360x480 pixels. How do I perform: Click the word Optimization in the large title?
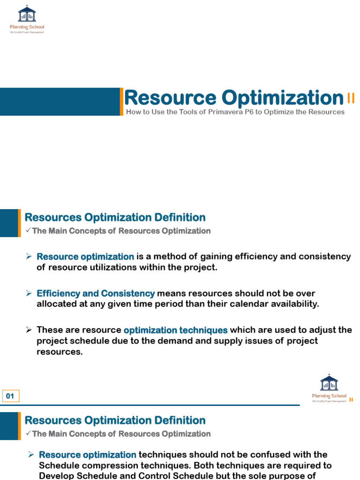coord(283,98)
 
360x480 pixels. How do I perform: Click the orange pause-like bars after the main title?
coord(351,98)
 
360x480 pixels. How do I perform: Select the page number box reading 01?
coord(11,396)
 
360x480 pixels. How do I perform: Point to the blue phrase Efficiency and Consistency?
coord(96,293)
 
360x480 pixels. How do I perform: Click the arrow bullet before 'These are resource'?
coord(29,330)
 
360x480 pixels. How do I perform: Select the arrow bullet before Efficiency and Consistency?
coord(29,293)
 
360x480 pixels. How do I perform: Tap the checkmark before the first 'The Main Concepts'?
coord(28,230)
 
